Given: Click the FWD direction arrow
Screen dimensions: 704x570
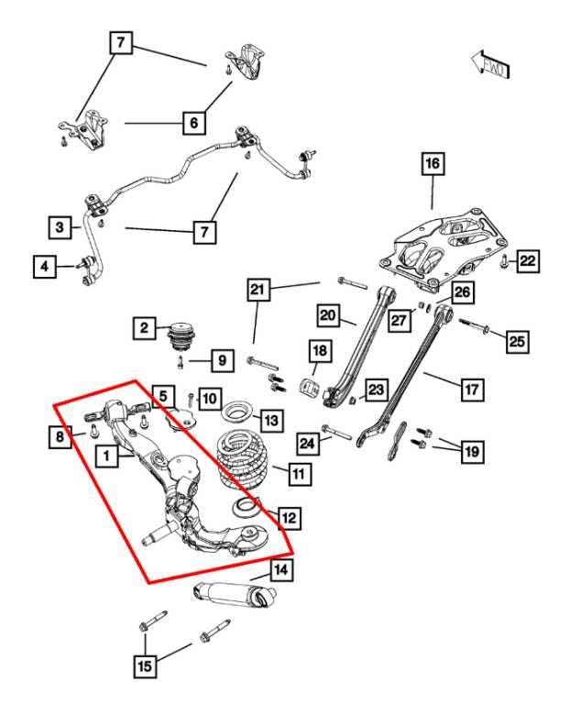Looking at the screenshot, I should point(491,63).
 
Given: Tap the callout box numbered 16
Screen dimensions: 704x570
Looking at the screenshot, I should point(431,164).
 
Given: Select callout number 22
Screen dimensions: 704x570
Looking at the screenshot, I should point(528,261).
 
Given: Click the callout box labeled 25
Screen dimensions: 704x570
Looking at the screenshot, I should point(516,341).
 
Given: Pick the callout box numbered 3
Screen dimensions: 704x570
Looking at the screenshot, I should point(60,225).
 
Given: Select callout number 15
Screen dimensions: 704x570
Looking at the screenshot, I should point(144,666).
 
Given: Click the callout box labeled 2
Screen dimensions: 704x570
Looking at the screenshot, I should point(143,325).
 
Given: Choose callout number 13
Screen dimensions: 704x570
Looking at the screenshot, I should point(271,420).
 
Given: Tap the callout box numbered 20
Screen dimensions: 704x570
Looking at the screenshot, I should point(329,316).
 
